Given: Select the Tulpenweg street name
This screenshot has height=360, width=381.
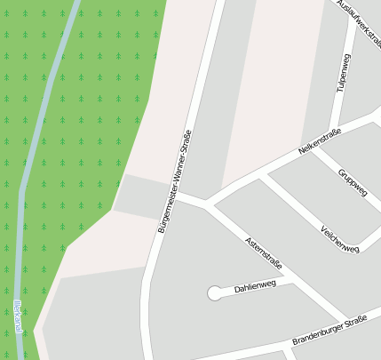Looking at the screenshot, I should [342, 72].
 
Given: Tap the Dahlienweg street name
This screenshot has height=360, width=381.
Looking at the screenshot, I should [255, 286].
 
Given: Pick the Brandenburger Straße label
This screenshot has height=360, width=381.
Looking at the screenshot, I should [329, 331].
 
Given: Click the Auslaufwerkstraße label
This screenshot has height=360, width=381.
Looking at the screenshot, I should [359, 22].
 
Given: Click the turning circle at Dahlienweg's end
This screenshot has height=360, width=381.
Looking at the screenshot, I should [214, 292].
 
